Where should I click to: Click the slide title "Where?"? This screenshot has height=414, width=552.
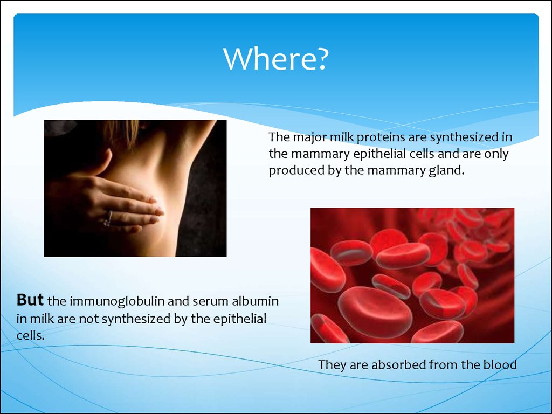[276, 58]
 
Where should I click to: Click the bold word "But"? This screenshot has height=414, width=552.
[30, 300]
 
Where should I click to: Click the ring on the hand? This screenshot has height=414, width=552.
[108, 219]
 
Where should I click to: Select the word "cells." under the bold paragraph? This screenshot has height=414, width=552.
[31, 335]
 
